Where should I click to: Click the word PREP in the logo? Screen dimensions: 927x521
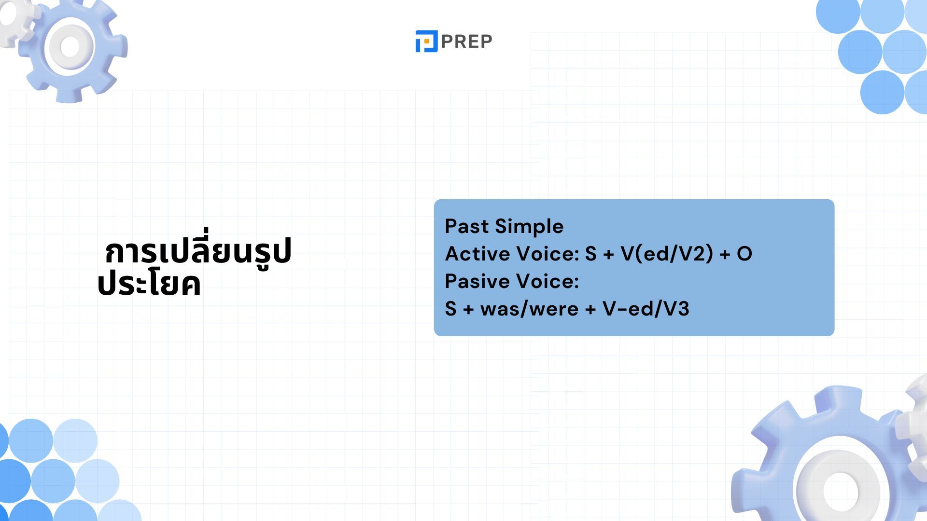[x=466, y=41]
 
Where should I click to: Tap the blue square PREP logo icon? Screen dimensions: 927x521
[x=426, y=41]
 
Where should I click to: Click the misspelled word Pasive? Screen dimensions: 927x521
[x=474, y=281]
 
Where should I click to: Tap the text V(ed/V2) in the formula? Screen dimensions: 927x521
[x=667, y=254]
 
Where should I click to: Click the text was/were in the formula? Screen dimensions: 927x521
[x=529, y=309]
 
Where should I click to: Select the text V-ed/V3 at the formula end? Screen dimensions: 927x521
[x=646, y=309]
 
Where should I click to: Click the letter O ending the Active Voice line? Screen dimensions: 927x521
[x=744, y=254]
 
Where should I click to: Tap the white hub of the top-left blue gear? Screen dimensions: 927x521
[x=70, y=47]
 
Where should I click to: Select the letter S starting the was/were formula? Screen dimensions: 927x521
[x=450, y=309]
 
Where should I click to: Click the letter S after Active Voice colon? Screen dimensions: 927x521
[x=591, y=254]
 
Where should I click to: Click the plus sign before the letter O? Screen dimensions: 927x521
[x=725, y=255]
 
